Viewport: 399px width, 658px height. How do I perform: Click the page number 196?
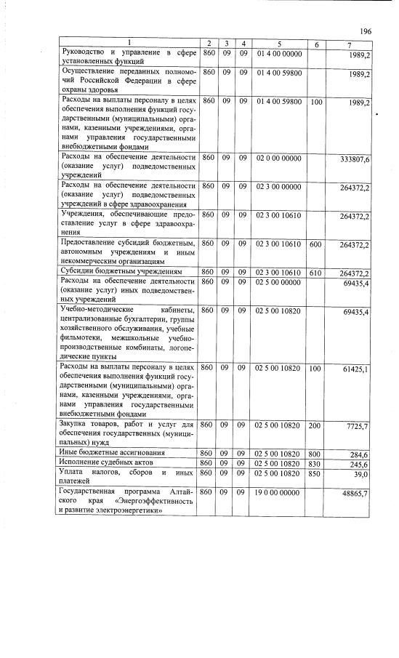[x=366, y=31]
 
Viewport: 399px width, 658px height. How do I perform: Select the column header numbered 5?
[x=279, y=45]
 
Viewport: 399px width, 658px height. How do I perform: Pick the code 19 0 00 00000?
[x=279, y=492]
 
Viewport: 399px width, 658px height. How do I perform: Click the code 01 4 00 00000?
[x=279, y=54]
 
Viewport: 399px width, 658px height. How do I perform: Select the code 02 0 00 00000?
[x=279, y=158]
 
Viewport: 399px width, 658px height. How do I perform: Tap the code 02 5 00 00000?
[x=279, y=281]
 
